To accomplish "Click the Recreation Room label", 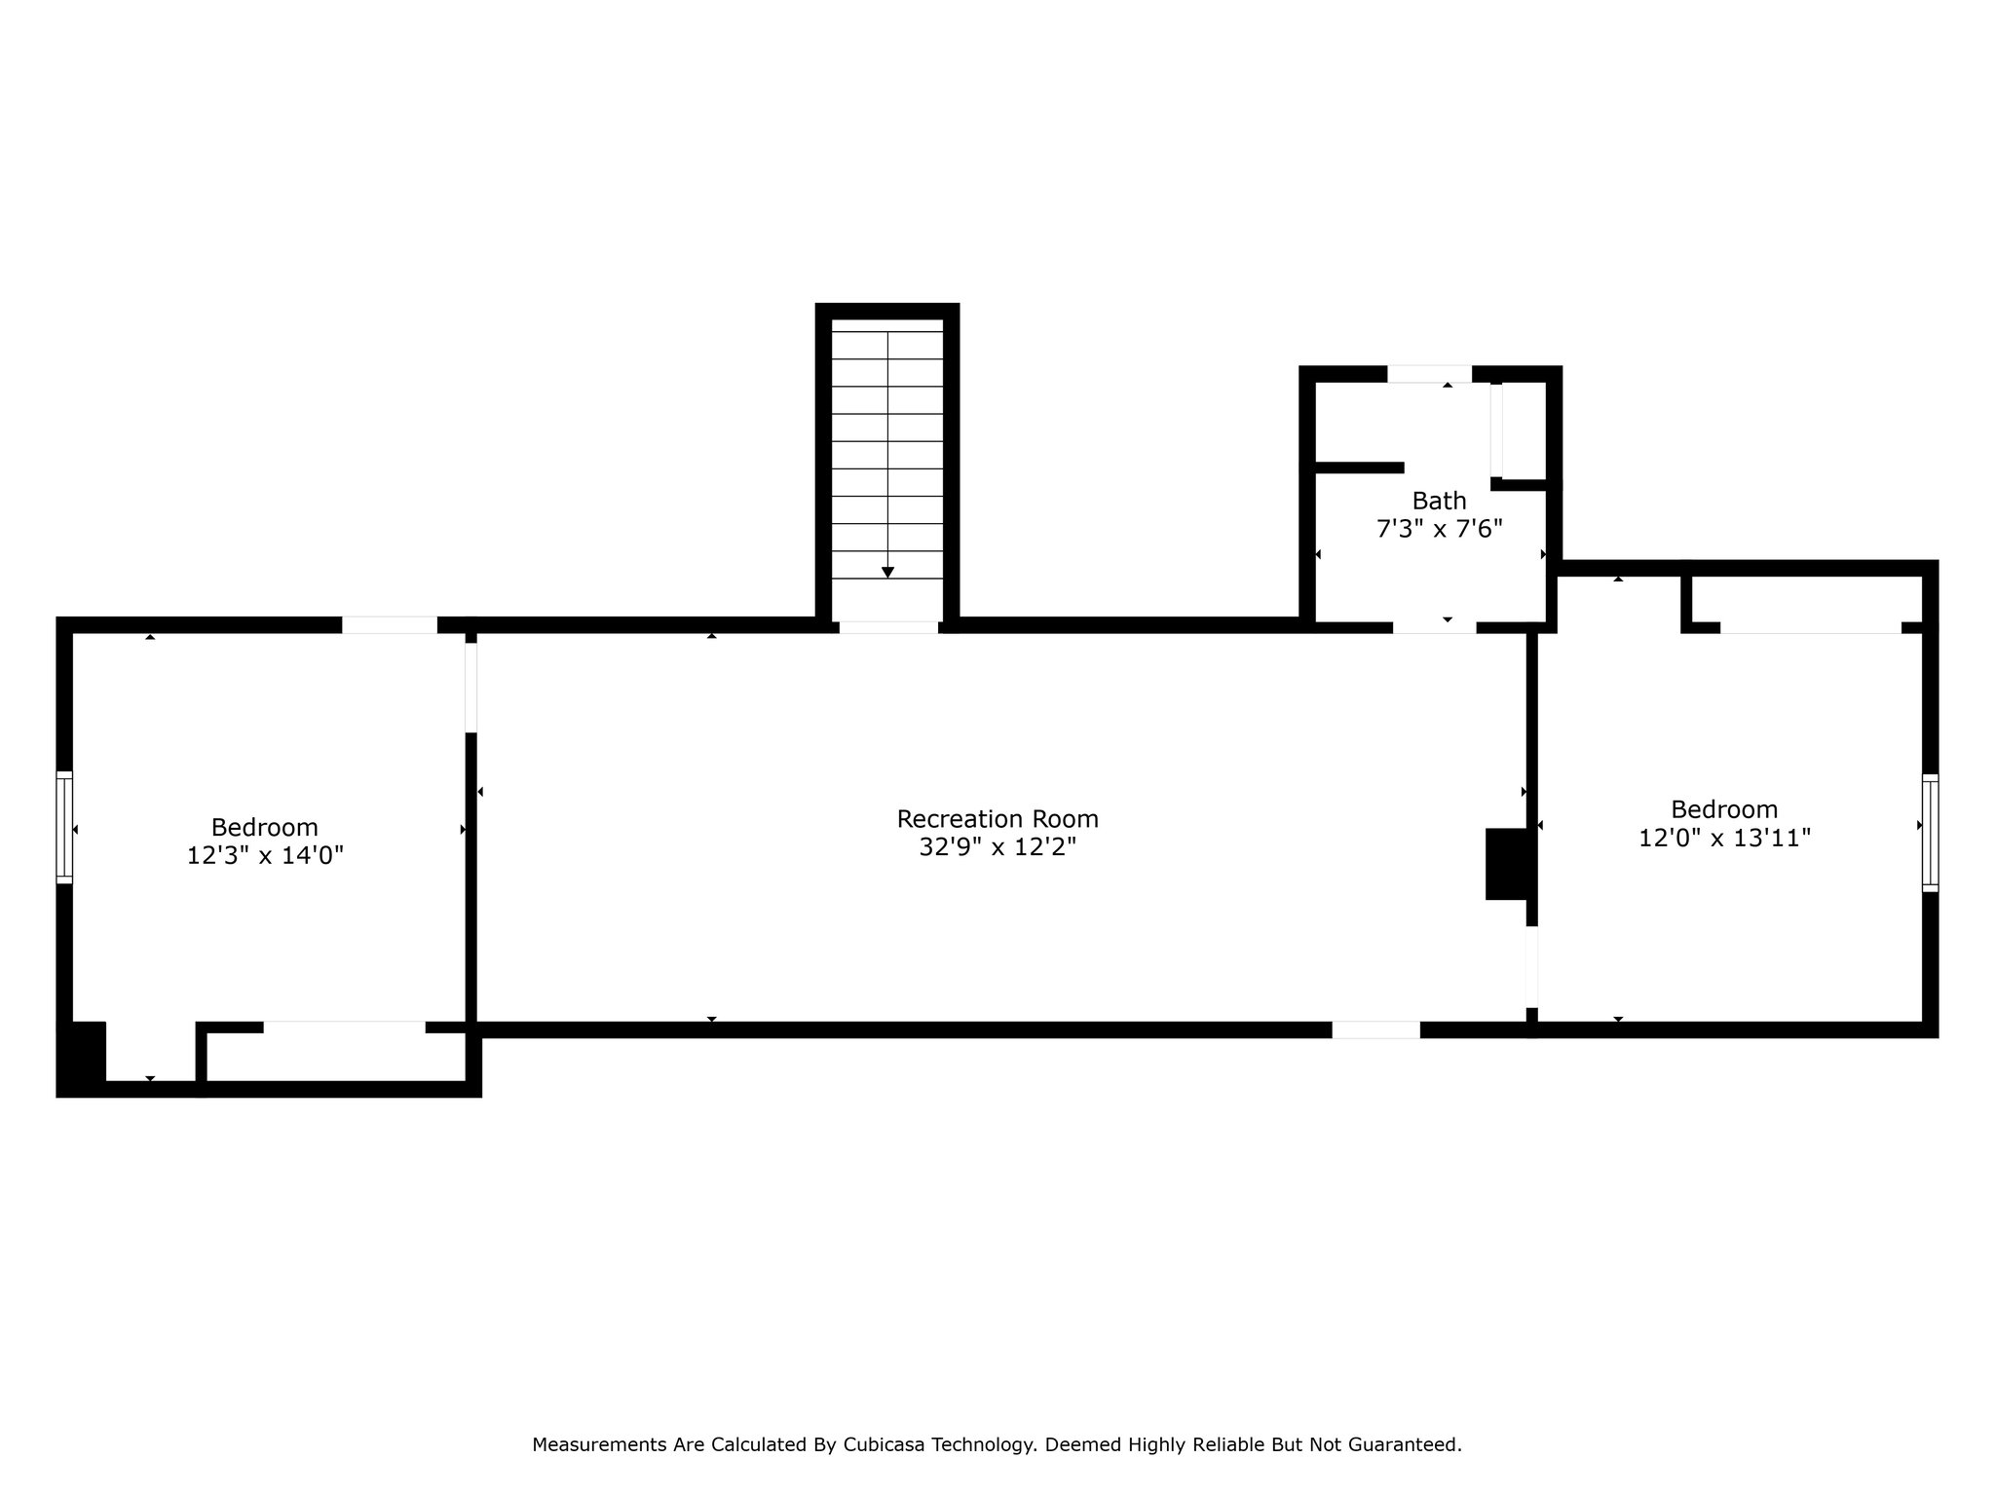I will coord(997,819).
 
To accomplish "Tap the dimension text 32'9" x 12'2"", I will coord(997,847).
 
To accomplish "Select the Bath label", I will coord(1439,502).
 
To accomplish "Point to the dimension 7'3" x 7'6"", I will coord(1439,530).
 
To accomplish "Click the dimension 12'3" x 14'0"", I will coord(265,856).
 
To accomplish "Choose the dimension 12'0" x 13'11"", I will coord(1724,839).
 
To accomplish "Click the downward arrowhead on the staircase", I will coord(887,573).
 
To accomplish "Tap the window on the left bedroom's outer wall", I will coord(64,827).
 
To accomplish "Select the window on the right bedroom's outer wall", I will coord(1930,833).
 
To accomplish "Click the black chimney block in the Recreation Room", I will coord(1508,864).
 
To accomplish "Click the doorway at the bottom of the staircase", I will coord(888,627).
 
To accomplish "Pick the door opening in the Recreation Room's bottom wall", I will coord(1375,1030).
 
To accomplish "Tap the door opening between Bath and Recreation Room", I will coord(1434,627).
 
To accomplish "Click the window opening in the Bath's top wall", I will coord(1429,374).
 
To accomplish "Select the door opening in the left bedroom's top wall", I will coord(390,625).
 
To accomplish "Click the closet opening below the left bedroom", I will coord(344,1028).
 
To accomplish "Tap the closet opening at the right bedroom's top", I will coord(1810,628).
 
